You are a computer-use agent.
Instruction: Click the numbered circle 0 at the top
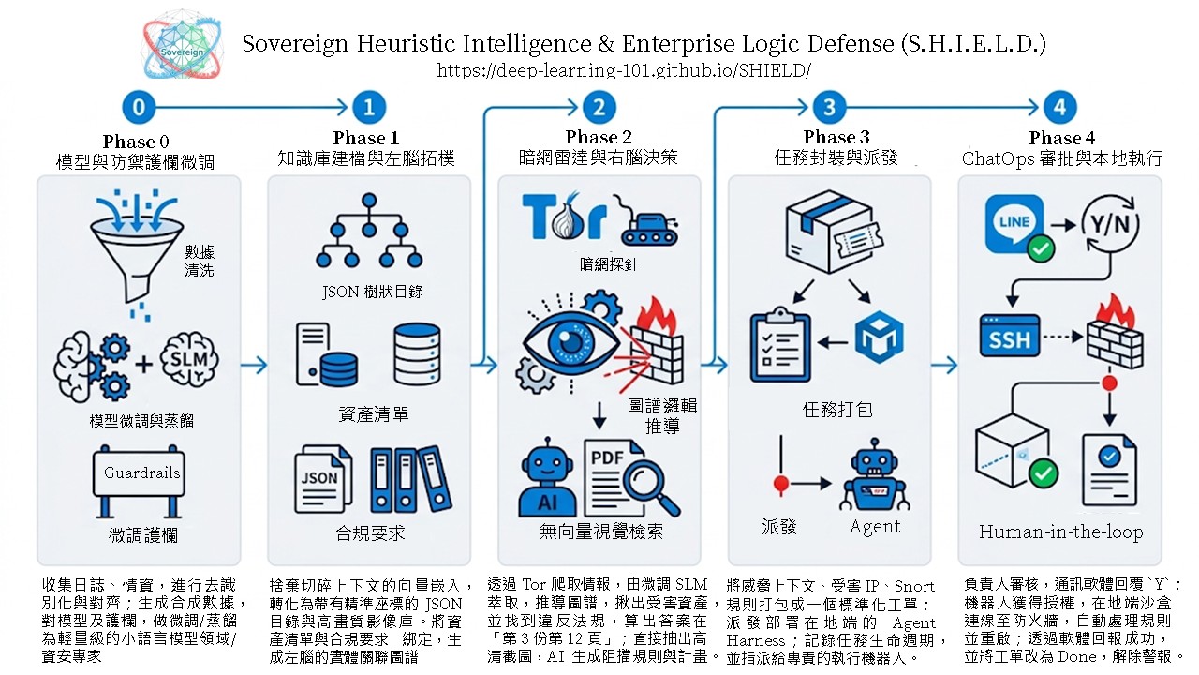(139, 107)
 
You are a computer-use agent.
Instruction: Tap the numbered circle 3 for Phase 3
(829, 107)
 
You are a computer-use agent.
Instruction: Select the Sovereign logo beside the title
(182, 45)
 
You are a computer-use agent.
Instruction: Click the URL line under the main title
(624, 70)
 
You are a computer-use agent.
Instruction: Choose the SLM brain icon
(189, 360)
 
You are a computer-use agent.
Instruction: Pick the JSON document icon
(323, 479)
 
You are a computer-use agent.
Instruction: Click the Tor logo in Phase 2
(565, 216)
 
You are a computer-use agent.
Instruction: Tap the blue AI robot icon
(547, 477)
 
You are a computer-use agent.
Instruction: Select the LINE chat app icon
(1014, 225)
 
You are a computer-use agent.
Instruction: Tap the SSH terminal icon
(1010, 336)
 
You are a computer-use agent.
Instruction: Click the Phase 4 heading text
(1062, 138)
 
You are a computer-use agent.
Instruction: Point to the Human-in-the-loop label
(1061, 532)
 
